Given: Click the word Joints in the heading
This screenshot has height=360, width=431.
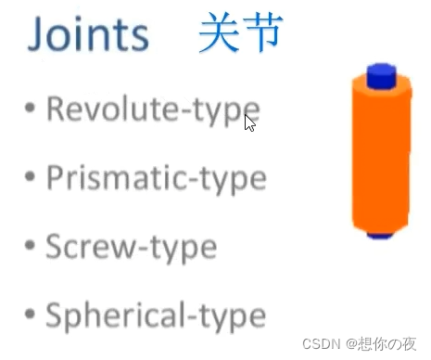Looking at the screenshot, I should tap(88, 35).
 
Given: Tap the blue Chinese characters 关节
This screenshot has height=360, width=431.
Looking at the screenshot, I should tap(240, 33).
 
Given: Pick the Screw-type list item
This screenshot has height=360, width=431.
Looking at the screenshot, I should tap(131, 247).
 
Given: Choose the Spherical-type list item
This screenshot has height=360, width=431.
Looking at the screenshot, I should tap(154, 315).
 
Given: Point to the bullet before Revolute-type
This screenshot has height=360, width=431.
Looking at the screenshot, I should tap(31, 109).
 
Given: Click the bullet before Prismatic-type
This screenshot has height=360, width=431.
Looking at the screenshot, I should tap(31, 175).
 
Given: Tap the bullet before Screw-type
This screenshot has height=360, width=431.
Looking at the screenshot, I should tap(31, 245).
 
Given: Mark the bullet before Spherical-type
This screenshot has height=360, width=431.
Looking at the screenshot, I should tap(31, 313).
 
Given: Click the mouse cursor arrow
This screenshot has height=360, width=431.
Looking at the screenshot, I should tap(249, 121).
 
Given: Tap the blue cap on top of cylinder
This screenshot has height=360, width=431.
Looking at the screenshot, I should tap(381, 73).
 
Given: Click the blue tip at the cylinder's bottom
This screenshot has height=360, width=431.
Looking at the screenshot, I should tap(378, 236).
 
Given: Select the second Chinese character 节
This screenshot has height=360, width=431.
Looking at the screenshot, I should tap(262, 33).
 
